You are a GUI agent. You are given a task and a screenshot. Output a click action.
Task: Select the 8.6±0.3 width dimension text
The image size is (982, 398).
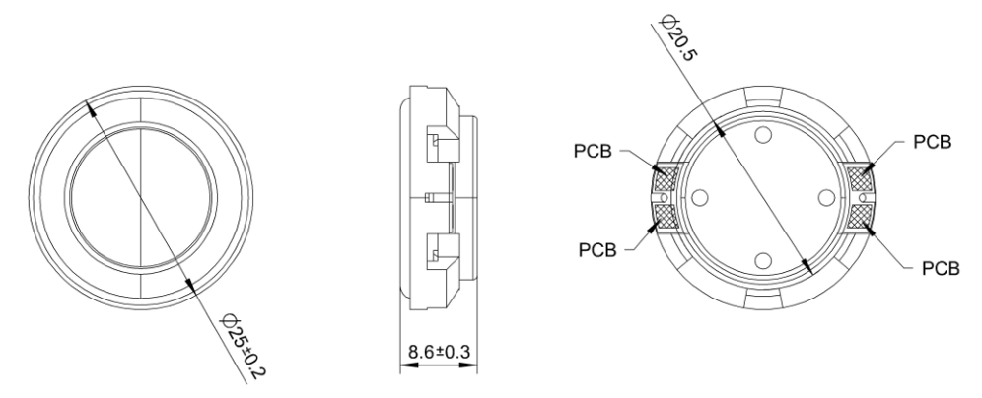tap(439, 352)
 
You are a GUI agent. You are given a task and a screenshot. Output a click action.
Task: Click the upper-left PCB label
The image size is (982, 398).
tap(593, 152)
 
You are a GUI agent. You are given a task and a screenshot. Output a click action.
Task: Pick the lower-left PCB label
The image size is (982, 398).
tap(597, 250)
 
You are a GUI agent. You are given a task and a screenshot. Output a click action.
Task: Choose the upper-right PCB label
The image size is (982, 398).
tap(933, 142)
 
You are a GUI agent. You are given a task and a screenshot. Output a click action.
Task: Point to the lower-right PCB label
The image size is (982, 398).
tap(941, 269)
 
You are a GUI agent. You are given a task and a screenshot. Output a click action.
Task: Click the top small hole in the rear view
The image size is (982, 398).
tap(763, 135)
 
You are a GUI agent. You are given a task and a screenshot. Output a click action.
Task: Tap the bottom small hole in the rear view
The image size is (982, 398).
tap(763, 260)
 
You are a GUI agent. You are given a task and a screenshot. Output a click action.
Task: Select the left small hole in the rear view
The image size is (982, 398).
tap(700, 198)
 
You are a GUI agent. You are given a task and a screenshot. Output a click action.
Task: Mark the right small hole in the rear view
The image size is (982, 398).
tap(826, 198)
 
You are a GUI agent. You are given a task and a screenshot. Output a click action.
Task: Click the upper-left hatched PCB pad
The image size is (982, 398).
tap(665, 179)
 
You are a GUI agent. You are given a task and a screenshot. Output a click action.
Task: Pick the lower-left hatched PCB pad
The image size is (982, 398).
tap(665, 217)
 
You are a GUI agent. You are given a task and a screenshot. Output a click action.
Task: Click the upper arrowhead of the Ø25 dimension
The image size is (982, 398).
tap(90, 109)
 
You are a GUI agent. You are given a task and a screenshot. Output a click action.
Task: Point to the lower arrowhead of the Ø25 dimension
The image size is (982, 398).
tap(191, 286)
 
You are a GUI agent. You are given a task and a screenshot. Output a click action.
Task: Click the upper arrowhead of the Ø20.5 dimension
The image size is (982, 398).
tap(719, 128)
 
